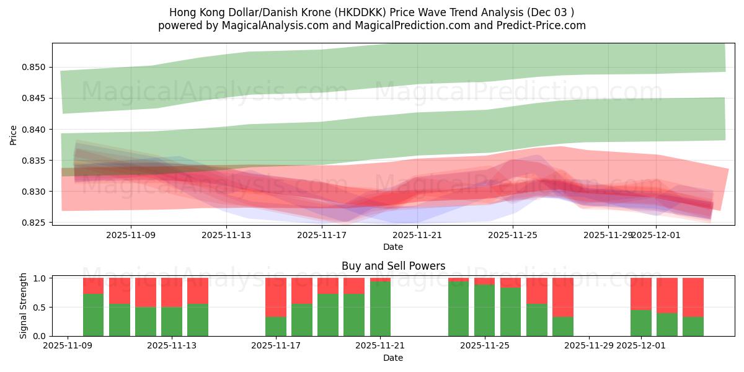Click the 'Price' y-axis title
14,135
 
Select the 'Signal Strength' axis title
24,306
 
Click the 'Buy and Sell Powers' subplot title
393,266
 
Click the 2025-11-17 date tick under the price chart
321,235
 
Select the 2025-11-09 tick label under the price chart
131,235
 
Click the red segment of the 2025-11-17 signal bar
276,298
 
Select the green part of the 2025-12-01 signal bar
641,323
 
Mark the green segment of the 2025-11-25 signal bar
484,310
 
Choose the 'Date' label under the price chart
393,247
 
